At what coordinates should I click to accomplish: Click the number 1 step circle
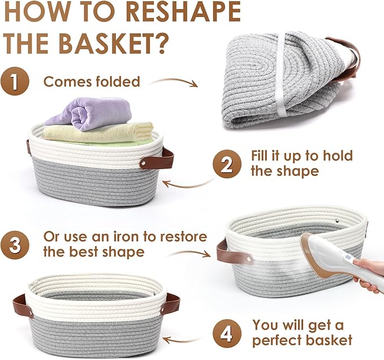coord(15,81)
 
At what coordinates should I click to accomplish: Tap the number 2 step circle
coord(227,164)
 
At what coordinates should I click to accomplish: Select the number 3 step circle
coord(15,245)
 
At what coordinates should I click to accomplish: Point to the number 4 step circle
coord(227,333)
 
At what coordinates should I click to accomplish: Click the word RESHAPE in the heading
coord(183,11)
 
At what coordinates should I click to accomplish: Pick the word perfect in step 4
coord(277,341)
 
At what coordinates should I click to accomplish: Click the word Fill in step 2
coord(260,155)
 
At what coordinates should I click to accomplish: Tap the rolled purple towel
coord(88,113)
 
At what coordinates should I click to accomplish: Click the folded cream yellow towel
coord(98,132)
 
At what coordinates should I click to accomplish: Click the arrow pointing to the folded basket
coord(174,80)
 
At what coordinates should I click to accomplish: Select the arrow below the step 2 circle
coord(188,184)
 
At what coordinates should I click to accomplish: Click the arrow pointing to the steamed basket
coord(188,253)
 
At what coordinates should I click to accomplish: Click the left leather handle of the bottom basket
coord(22,306)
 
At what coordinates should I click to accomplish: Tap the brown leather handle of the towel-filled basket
coord(157,159)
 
